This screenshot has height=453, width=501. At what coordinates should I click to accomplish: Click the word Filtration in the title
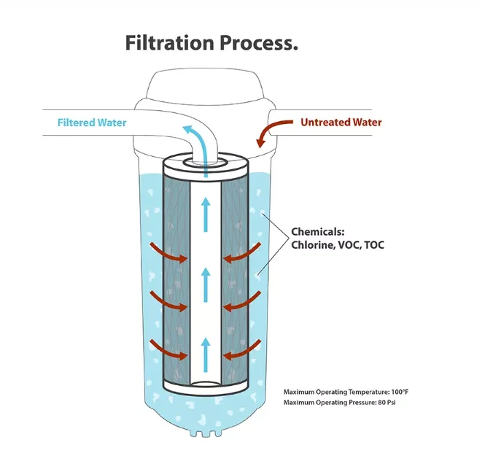pos(169,43)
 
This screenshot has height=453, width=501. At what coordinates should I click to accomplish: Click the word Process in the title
pos(256,43)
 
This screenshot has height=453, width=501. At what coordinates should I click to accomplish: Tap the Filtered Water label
pos(92,123)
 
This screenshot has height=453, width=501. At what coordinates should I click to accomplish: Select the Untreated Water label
pos(341,122)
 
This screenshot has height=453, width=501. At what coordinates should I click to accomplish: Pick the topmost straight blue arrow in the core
pos(206,214)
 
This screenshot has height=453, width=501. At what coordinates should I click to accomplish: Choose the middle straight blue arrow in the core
pos(206,284)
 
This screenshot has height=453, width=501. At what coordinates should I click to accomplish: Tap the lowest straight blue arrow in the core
pos(206,355)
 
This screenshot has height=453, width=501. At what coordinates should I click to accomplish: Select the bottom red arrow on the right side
pos(243,351)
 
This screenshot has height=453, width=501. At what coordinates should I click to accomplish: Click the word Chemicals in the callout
pos(318,231)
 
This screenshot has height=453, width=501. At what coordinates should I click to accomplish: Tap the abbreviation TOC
pos(374,245)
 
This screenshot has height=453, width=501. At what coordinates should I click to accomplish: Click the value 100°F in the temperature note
pos(400,392)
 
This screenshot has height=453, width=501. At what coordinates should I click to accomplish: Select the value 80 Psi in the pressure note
pos(387,402)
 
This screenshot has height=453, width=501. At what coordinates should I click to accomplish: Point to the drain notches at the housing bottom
pos(206,433)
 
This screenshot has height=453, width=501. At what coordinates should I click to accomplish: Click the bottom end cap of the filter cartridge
pos(206,387)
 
